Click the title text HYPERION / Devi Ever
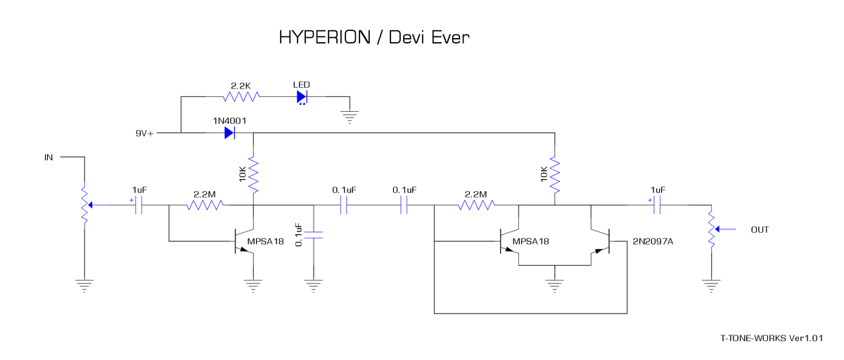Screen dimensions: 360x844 click(x=373, y=37)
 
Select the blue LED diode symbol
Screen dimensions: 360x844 click(x=302, y=96)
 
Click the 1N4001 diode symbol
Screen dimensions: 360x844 click(x=229, y=132)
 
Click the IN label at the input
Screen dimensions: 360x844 click(x=49, y=157)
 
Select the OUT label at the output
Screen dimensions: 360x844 click(x=760, y=230)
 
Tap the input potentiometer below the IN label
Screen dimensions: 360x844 click(x=84, y=205)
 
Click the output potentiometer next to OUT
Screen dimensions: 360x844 click(x=712, y=229)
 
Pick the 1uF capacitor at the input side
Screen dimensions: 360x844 click(x=139, y=205)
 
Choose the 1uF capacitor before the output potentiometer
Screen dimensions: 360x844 click(x=658, y=205)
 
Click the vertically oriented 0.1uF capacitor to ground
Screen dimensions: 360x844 click(x=314, y=234)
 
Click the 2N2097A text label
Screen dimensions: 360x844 click(x=653, y=242)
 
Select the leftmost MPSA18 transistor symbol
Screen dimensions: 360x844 click(x=245, y=242)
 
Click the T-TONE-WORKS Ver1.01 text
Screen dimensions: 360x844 click(x=771, y=338)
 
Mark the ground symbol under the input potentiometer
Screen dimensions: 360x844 click(x=84, y=285)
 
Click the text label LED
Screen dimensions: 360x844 click(x=301, y=84)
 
